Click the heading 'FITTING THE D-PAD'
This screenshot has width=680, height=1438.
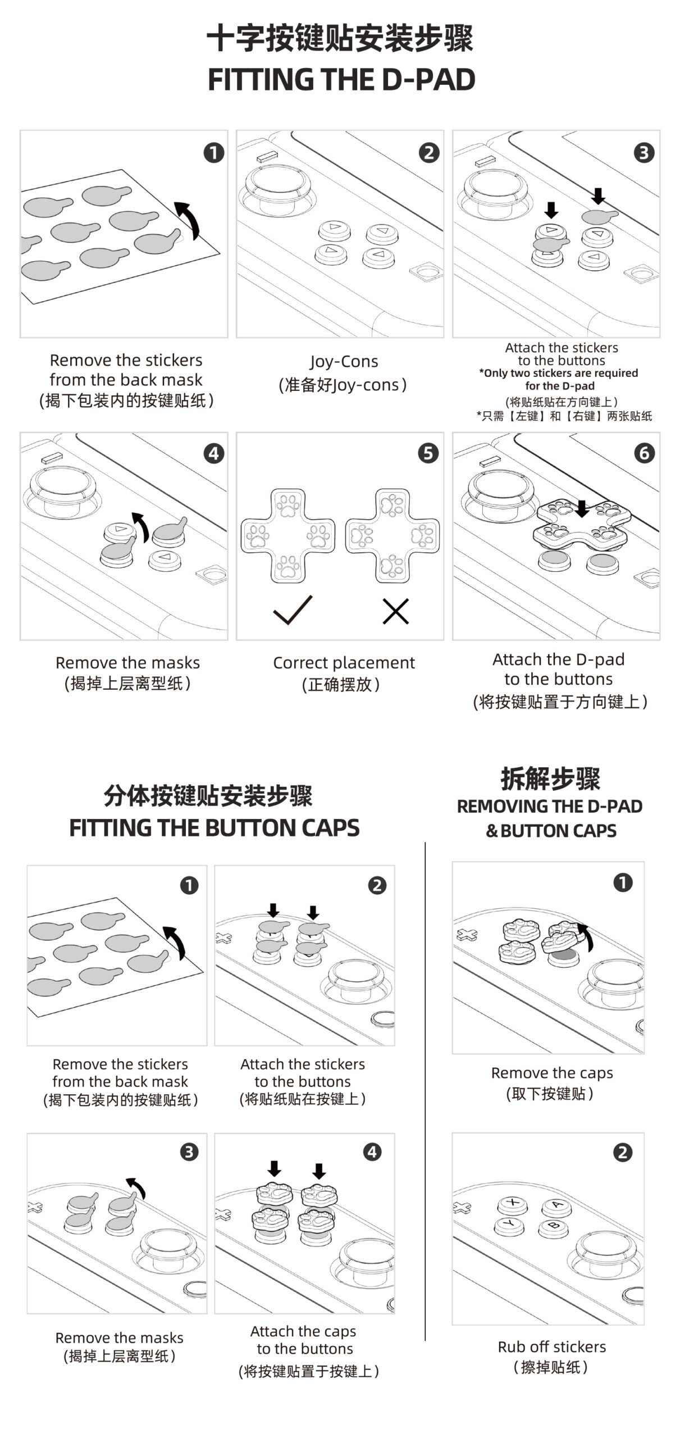[x=341, y=79]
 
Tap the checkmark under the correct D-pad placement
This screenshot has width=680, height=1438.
[x=292, y=611]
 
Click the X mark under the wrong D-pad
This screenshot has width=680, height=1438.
[x=395, y=611]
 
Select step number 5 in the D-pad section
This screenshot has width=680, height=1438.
[x=428, y=453]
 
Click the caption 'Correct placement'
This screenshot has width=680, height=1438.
[x=344, y=663]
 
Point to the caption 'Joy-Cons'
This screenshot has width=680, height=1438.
[x=344, y=361]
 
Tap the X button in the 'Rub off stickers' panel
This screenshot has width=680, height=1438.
[x=512, y=1203]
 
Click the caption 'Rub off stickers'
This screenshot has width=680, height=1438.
[x=551, y=1346]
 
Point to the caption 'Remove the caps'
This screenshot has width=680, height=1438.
[x=551, y=1073]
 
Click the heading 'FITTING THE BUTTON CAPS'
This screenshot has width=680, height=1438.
[x=214, y=828]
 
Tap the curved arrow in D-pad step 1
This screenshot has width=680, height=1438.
[x=189, y=219]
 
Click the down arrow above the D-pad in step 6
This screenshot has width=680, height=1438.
[x=582, y=508]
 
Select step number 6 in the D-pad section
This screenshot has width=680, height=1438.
[x=644, y=453]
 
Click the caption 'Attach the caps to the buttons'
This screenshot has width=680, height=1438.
[x=304, y=1340]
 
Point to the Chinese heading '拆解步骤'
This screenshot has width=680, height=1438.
[x=550, y=779]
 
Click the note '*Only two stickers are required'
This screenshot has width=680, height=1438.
[x=558, y=373]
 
